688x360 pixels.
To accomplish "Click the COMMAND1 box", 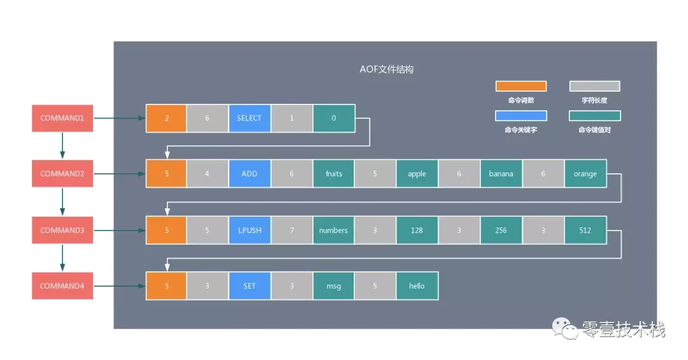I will [x=63, y=119].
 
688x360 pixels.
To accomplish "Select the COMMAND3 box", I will [x=63, y=230].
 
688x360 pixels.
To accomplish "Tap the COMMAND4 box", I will [x=63, y=286].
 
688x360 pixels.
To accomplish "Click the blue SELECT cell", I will [x=249, y=119].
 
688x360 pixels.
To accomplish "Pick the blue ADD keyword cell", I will [x=249, y=174].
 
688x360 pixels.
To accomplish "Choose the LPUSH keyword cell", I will [x=249, y=230].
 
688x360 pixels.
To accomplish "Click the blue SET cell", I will [x=249, y=286].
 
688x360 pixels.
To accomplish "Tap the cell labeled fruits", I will [x=334, y=174].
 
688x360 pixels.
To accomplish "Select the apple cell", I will [x=417, y=174].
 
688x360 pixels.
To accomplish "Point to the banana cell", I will [x=501, y=174].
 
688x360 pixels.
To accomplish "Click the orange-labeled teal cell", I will [x=585, y=174].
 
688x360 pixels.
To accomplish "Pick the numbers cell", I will [x=334, y=230].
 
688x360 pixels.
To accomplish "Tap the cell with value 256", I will [x=501, y=230].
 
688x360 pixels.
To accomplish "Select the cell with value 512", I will [x=585, y=230].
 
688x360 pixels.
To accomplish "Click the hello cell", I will [x=417, y=286].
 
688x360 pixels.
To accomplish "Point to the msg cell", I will [x=334, y=286].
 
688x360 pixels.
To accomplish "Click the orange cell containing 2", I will [x=166, y=119].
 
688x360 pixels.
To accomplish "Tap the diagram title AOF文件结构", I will [x=387, y=69].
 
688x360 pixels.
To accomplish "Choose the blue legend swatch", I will [x=521, y=116].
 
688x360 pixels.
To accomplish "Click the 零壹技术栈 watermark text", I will [x=623, y=329].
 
